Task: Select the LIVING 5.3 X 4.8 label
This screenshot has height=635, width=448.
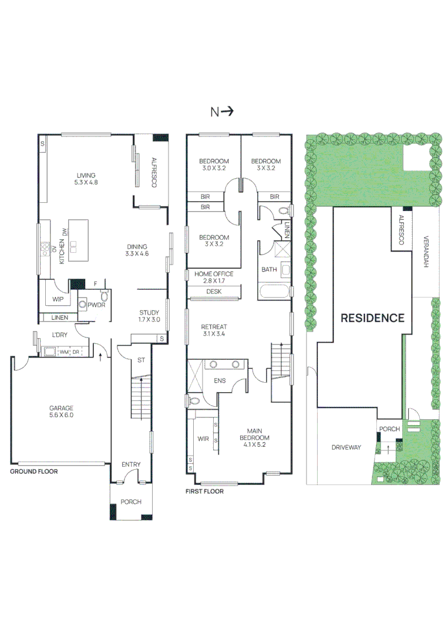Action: click(x=86, y=179)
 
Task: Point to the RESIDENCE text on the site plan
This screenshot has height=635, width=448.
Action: click(x=373, y=318)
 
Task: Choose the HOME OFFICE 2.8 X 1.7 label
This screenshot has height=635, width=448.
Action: click(x=210, y=277)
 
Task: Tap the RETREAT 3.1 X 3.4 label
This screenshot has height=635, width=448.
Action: click(x=214, y=330)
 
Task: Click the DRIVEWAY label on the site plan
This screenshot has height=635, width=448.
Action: click(x=346, y=447)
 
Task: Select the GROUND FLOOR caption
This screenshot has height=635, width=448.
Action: click(x=34, y=472)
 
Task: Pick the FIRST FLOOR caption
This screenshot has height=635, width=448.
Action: click(x=204, y=492)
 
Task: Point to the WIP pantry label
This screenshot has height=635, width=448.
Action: click(x=58, y=299)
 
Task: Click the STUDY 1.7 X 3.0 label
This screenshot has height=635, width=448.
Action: click(x=149, y=316)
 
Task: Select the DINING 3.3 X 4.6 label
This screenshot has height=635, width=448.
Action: click(x=137, y=250)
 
